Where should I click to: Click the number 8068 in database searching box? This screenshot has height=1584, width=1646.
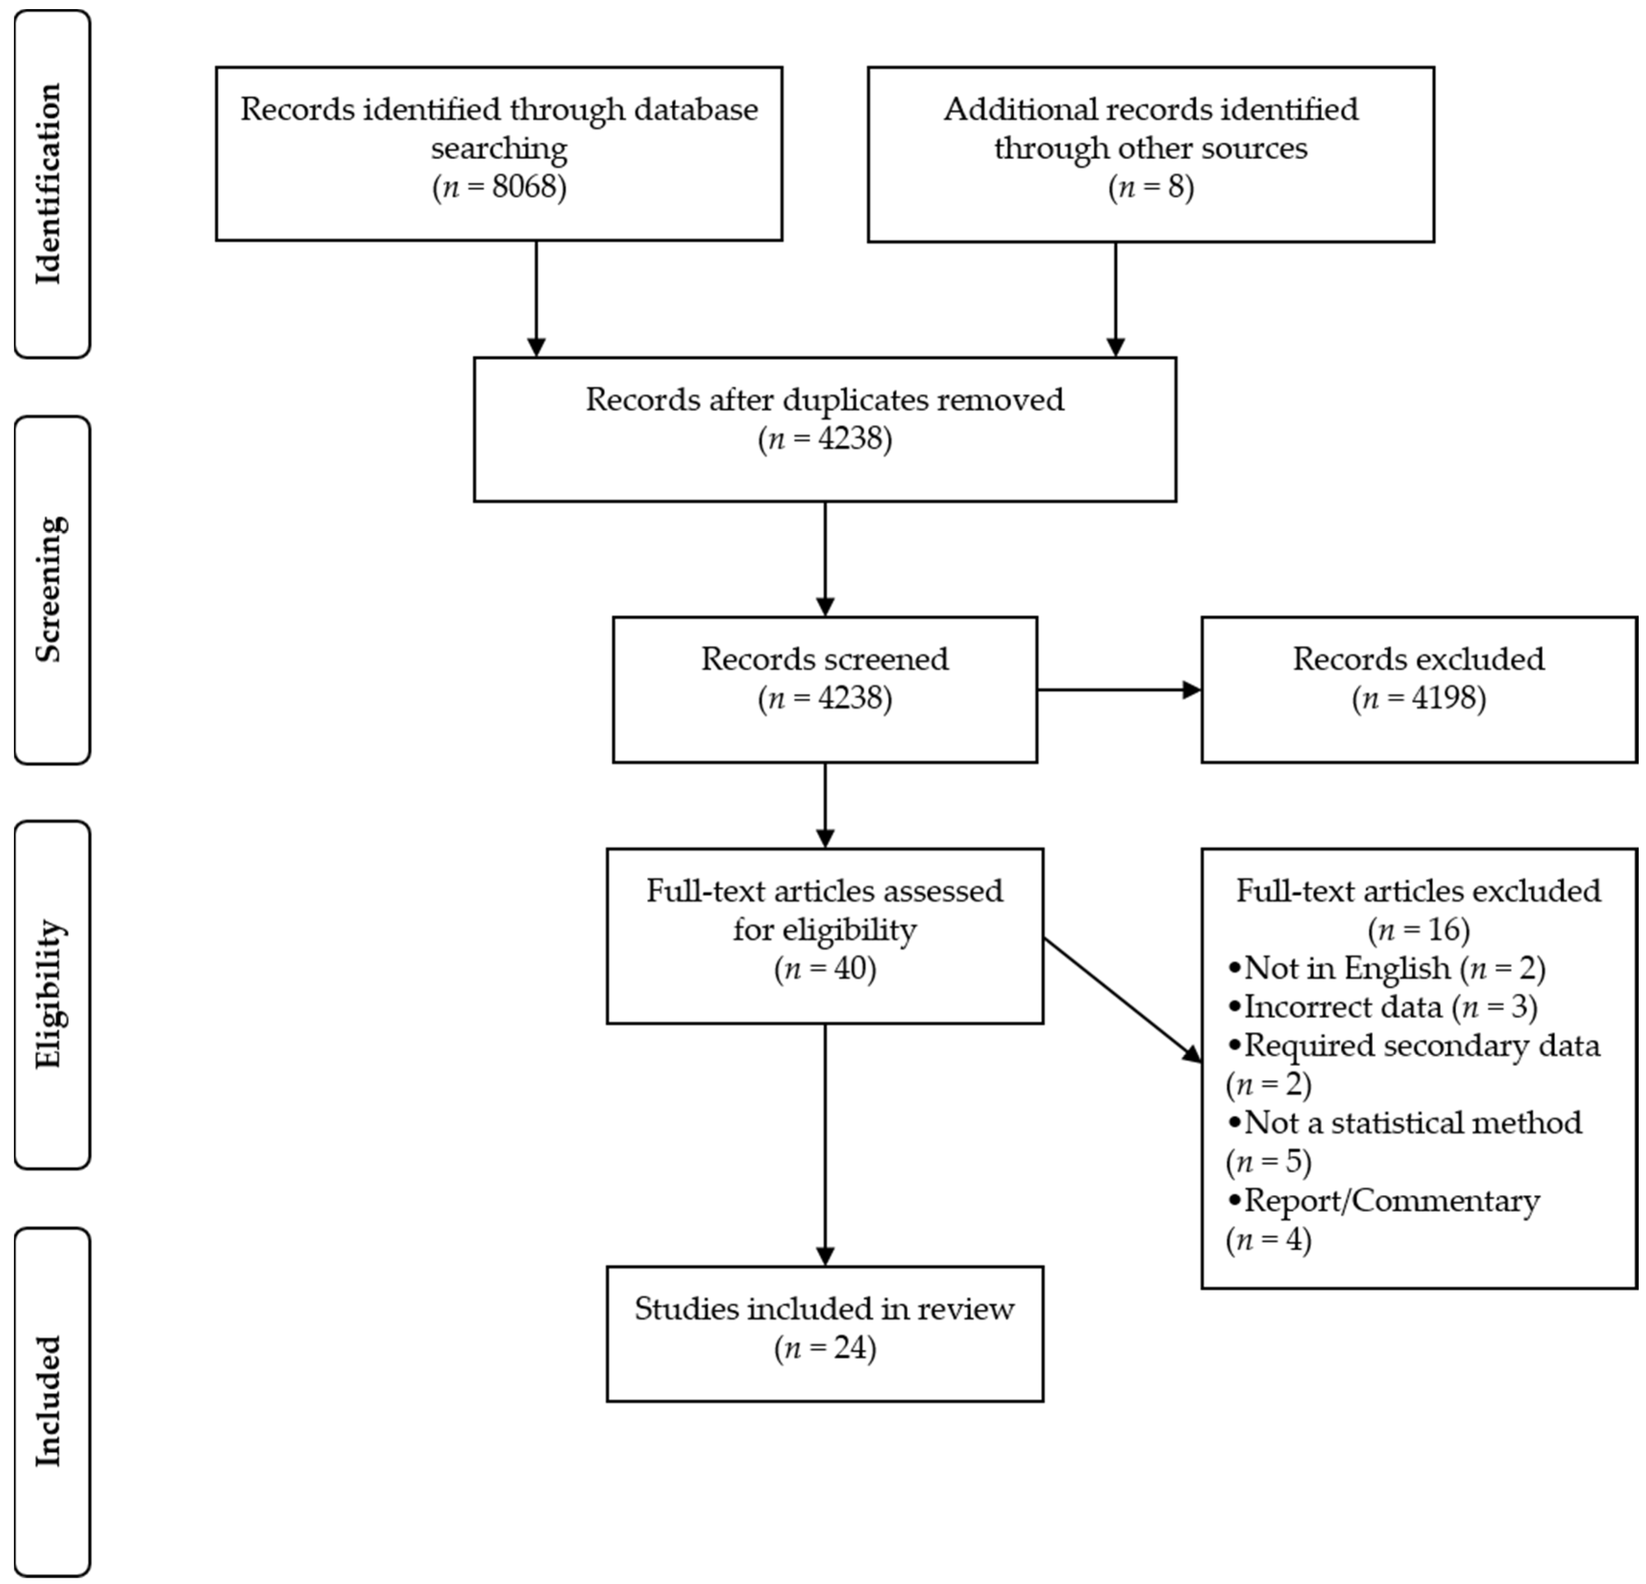525,186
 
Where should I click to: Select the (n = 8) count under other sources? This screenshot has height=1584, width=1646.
1150,186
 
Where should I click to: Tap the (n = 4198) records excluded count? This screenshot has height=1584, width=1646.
1418,698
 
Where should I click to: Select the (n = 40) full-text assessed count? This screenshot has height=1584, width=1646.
825,969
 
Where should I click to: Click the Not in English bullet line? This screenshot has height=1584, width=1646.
1386,969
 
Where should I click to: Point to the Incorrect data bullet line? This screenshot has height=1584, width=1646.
1381,1007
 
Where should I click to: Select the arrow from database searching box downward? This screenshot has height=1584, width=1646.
536,298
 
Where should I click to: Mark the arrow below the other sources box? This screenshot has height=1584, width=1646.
1115,298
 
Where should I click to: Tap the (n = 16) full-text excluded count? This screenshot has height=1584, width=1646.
1418,930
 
